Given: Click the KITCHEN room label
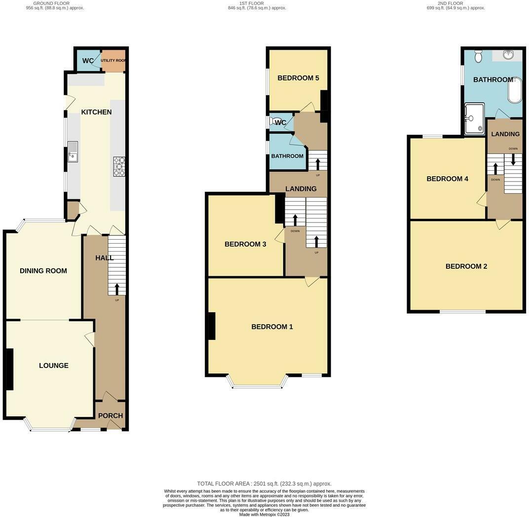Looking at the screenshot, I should [96, 112].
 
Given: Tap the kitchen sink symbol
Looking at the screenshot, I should [73, 151].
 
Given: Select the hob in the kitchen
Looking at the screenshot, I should [119, 166].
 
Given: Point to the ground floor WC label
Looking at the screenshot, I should [88, 61].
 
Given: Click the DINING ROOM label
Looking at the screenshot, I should [43, 271].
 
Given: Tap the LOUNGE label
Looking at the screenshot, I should [54, 366].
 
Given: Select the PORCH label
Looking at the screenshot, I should [111, 416].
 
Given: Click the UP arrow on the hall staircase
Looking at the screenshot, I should [117, 289].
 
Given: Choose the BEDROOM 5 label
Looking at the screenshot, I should [298, 78].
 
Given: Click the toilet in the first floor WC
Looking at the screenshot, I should [273, 121].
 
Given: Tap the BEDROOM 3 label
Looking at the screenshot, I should [245, 244].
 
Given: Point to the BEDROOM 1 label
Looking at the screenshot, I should [272, 327].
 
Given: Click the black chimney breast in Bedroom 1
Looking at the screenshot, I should [211, 326].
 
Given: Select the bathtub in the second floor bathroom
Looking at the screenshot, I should [515, 90].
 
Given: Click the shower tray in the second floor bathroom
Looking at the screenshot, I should [474, 118].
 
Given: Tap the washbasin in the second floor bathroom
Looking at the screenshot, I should [508, 55].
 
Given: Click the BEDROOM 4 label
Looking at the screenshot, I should [447, 179].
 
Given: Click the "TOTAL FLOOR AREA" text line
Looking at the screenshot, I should [264, 484].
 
